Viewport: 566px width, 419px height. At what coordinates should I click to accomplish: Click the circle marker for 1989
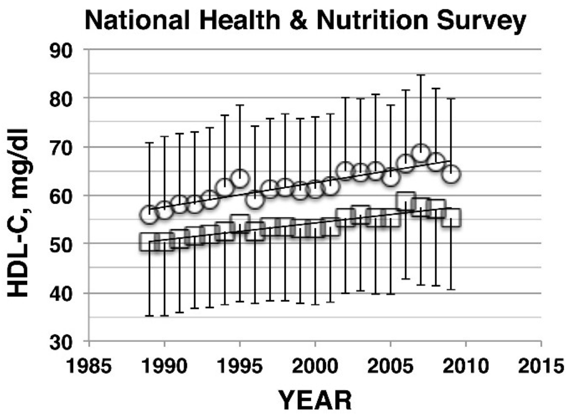tap(149, 214)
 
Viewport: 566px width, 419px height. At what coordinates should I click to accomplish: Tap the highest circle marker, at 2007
tap(421, 153)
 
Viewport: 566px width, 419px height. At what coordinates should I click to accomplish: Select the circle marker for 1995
tap(240, 178)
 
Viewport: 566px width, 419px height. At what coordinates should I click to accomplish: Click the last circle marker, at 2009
tap(451, 174)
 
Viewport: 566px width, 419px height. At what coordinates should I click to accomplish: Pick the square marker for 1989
tap(149, 242)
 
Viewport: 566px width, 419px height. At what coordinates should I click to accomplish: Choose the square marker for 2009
tap(451, 218)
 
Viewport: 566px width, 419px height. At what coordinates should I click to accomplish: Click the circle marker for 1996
tap(255, 199)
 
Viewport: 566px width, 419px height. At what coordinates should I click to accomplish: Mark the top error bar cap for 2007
tap(421, 75)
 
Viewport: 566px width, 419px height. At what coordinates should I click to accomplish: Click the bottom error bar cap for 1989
tap(149, 316)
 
